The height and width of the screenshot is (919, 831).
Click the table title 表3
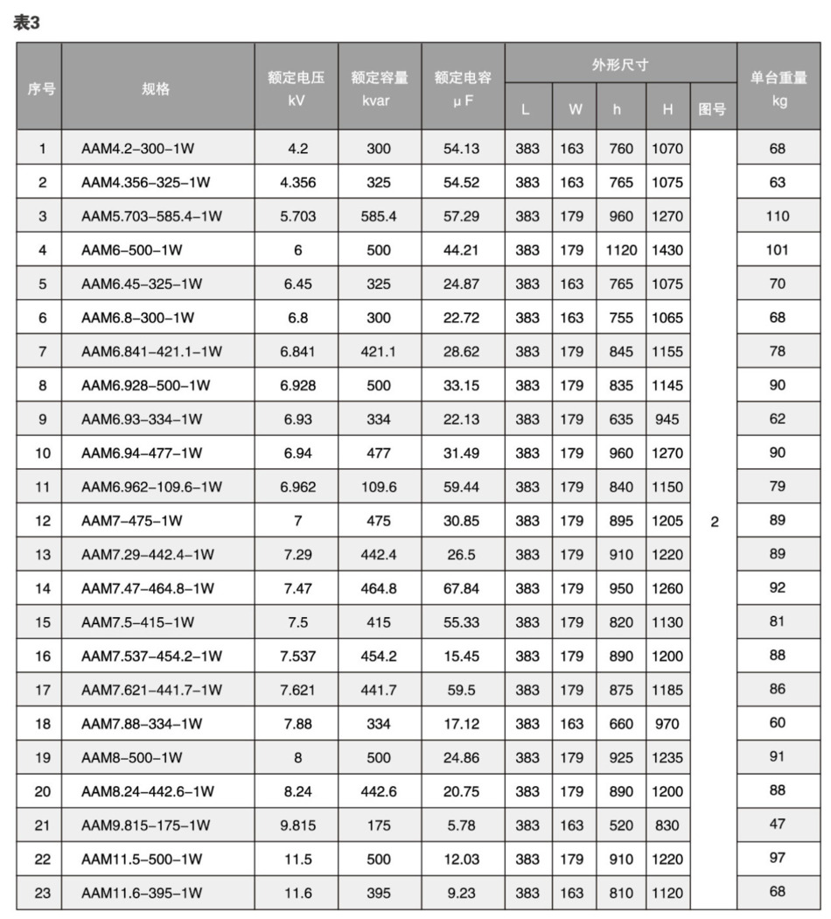[27, 24]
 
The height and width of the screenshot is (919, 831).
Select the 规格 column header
[156, 88]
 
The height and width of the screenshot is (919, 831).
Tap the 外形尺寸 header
[619, 65]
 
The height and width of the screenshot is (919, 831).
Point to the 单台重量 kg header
[779, 88]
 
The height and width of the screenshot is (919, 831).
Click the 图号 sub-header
[712, 109]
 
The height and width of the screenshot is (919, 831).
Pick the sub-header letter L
[526, 109]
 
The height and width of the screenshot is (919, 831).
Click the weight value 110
[778, 216]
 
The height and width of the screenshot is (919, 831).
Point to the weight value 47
[778, 824]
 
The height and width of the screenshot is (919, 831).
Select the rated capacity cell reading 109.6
[379, 487]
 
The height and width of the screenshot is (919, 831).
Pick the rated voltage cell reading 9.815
[297, 825]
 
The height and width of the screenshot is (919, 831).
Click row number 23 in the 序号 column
[42, 893]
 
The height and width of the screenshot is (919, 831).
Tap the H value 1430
[667, 249]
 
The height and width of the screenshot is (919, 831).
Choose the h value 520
[620, 825]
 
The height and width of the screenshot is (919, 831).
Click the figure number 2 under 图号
[715, 522]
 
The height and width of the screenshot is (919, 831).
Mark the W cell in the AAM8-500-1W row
[572, 757]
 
